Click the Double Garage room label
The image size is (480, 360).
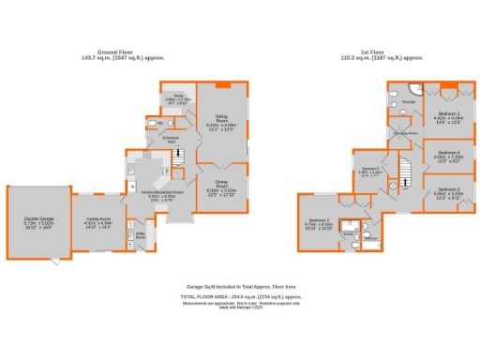39,222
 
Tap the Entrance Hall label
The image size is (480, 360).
171,140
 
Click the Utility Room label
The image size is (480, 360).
141,237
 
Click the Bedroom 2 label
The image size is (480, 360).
319,223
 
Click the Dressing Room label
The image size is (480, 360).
405,134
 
